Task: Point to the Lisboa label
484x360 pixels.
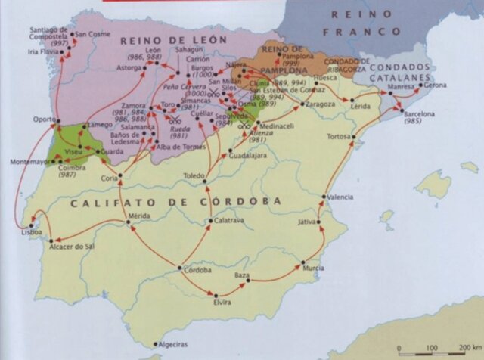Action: (32, 232)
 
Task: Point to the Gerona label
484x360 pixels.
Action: (436, 85)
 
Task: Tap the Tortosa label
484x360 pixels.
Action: (339, 137)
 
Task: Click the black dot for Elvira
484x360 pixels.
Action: (216, 295)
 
